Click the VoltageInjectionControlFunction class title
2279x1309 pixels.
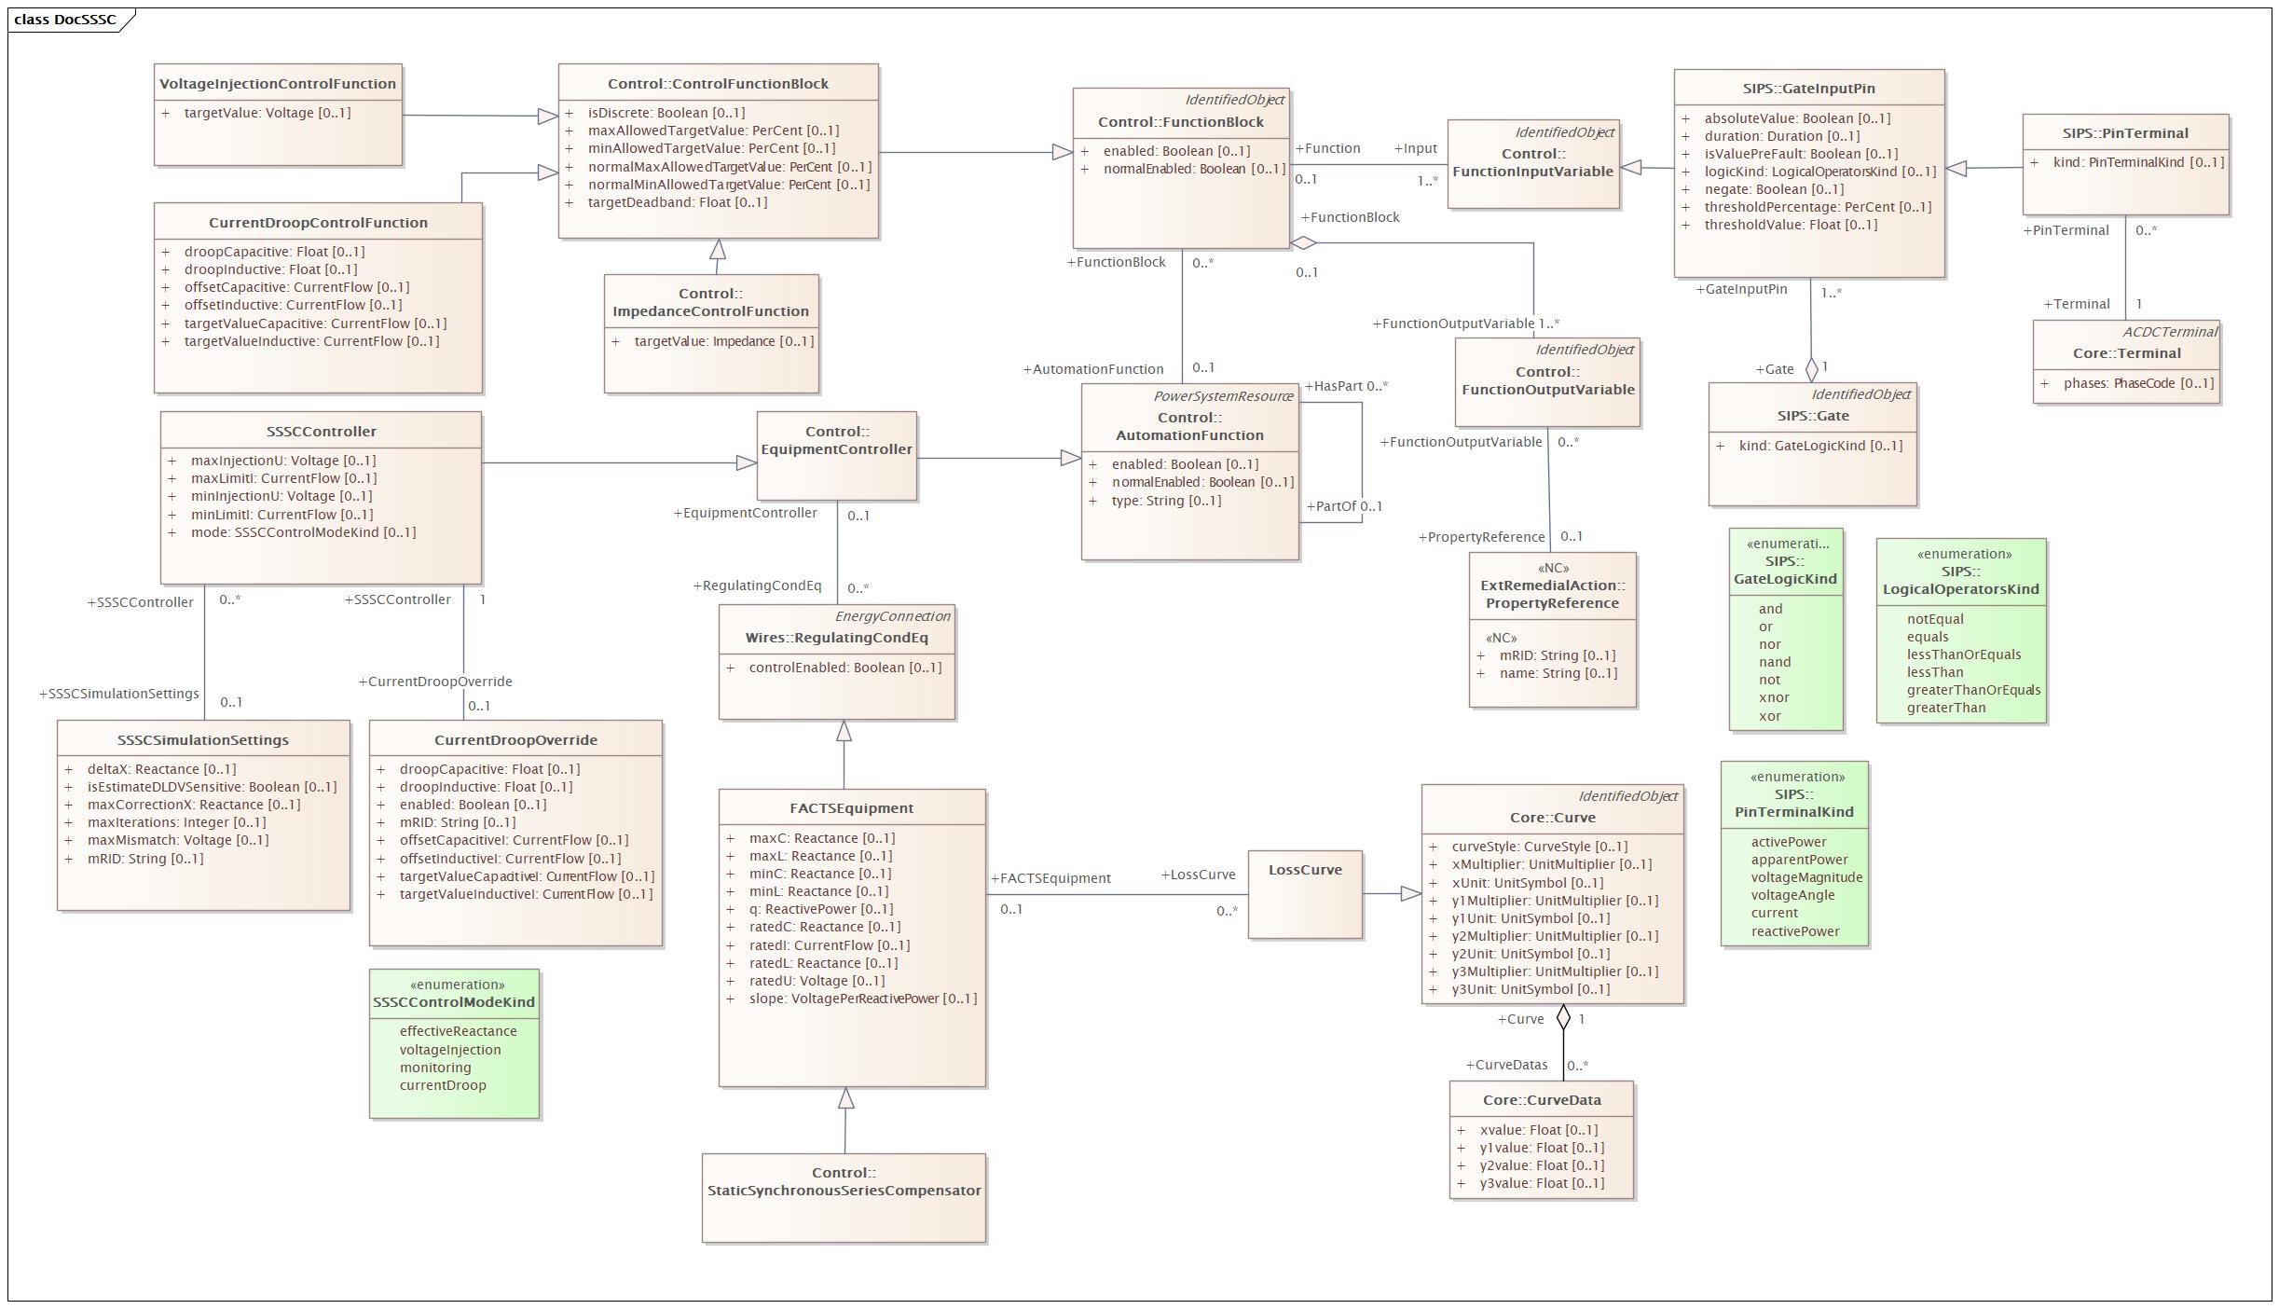[x=278, y=84]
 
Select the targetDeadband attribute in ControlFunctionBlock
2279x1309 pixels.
[x=678, y=202]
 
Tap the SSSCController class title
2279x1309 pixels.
[x=322, y=432]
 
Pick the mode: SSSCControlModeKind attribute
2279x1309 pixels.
[x=304, y=532]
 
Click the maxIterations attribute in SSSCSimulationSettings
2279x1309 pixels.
[x=176, y=822]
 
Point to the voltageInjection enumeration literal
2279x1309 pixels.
[x=450, y=1050]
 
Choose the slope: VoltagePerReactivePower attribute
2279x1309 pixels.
[x=863, y=999]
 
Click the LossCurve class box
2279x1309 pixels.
[x=1305, y=894]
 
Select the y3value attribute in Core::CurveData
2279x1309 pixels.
[x=1542, y=1183]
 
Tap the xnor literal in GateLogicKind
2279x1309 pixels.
[x=1774, y=697]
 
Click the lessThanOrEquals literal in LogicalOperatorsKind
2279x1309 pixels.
[x=1964, y=654]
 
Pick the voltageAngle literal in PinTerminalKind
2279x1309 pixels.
[x=1792, y=895]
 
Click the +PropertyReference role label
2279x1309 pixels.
[x=1481, y=537]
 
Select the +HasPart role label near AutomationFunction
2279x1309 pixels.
[x=1333, y=386]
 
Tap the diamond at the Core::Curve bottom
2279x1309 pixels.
[x=1563, y=1017]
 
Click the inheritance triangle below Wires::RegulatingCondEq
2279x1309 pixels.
[x=844, y=731]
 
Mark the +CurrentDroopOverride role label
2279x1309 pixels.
[x=435, y=682]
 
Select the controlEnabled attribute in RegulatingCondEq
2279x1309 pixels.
[x=845, y=668]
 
